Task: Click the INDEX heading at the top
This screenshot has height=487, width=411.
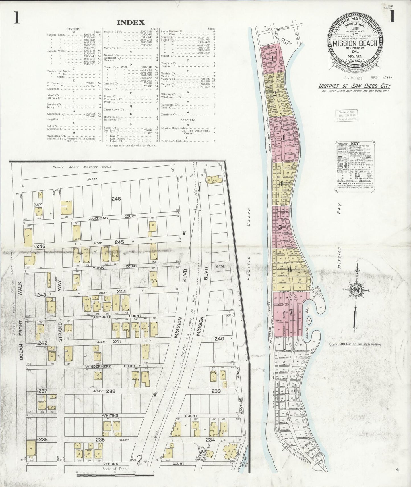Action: tap(131, 23)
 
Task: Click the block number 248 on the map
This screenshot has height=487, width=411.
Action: tap(116, 199)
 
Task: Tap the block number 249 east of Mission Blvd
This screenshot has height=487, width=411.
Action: tap(220, 266)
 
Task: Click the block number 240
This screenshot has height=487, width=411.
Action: tap(219, 339)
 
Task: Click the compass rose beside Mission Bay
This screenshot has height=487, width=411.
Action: tap(357, 290)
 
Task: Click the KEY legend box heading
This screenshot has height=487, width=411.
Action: tap(354, 144)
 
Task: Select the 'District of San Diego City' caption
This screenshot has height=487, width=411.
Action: tap(355, 86)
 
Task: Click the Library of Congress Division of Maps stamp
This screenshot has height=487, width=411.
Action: tap(347, 116)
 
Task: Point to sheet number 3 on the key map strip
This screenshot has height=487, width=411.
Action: tap(282, 138)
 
